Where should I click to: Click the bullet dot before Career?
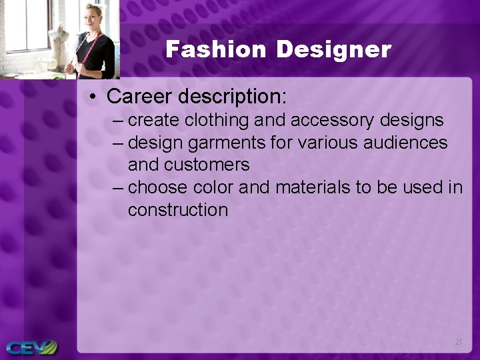click(x=93, y=97)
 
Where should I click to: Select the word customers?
click(x=207, y=164)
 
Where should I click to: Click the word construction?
click(x=177, y=209)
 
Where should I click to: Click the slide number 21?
click(x=458, y=341)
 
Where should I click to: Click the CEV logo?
click(x=30, y=347)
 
